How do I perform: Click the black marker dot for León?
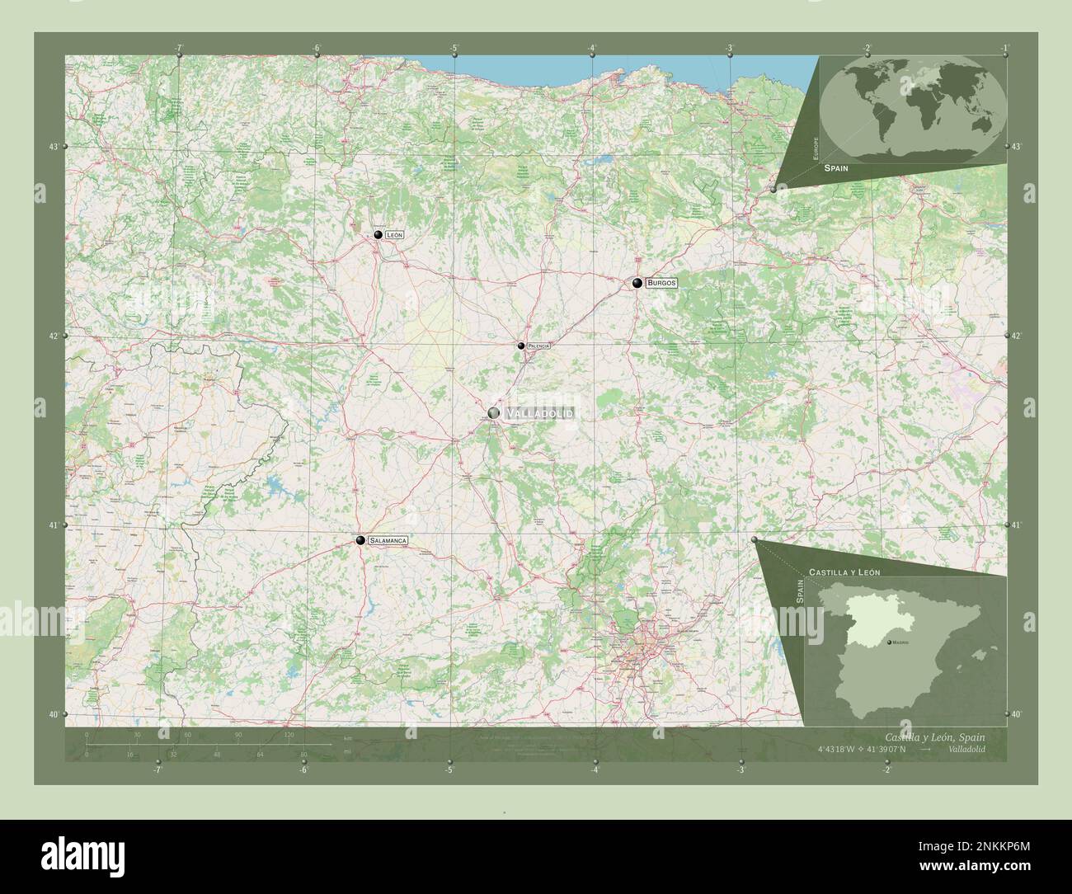coord(378,235)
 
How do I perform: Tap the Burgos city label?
coord(661,283)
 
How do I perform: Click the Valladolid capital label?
coord(539,412)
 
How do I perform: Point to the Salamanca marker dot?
coord(360,540)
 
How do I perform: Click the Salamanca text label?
coord(388,540)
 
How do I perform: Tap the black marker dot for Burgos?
coord(637,283)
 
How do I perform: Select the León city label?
coord(394,235)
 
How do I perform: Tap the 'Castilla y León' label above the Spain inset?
coord(844,572)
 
